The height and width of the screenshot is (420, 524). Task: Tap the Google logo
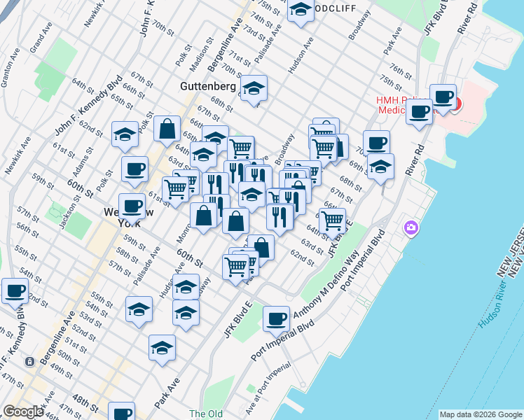(23, 412)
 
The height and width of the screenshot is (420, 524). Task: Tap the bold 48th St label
(85, 402)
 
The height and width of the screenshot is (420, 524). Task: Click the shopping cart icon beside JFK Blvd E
(332, 220)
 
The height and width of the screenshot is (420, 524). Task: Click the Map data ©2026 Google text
(480, 414)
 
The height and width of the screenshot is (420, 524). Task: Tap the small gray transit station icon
(30, 362)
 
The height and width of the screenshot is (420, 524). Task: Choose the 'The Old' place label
(205, 414)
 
